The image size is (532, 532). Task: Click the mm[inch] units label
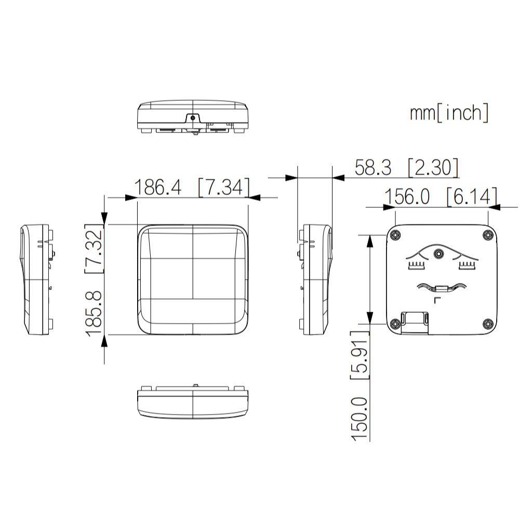[449, 112]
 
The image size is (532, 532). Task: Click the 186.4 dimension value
[158, 187]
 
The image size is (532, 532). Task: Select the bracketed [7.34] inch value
[223, 187]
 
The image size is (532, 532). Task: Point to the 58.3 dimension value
[373, 167]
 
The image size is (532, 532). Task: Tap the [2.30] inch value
[433, 167]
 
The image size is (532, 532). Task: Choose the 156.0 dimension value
[407, 196]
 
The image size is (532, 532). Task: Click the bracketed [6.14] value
[472, 196]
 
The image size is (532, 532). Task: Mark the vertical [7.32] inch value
[94, 248]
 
